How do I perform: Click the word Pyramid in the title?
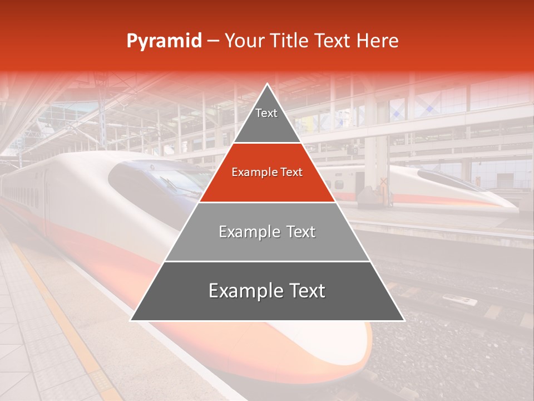[164, 41]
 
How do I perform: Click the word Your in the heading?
[244, 41]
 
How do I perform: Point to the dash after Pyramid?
[213, 41]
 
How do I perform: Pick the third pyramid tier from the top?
[267, 232]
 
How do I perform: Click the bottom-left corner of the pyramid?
[131, 320]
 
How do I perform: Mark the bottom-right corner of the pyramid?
[403, 320]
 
